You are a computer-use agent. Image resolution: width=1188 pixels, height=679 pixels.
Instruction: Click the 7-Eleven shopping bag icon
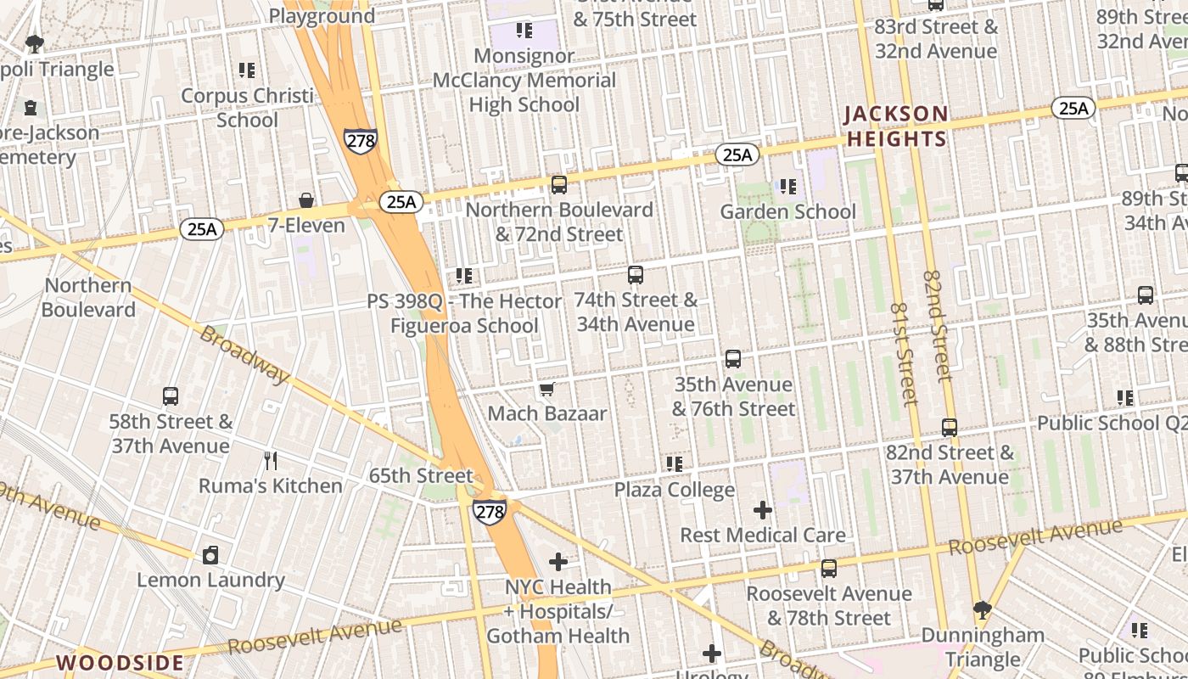(306, 200)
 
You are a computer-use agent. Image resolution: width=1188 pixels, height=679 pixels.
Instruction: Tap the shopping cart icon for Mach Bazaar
(547, 389)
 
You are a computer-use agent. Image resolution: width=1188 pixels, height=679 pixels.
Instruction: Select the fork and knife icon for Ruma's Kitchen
(271, 461)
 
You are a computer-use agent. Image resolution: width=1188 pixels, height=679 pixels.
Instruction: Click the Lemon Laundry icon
(210, 555)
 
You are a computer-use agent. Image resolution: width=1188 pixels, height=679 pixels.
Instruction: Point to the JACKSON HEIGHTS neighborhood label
(895, 126)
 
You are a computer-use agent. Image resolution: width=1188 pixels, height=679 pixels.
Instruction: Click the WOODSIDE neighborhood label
(120, 662)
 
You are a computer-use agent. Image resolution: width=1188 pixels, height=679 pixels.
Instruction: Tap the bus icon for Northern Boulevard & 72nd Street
(559, 184)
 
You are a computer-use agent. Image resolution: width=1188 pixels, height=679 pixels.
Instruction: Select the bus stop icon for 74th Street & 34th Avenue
(636, 275)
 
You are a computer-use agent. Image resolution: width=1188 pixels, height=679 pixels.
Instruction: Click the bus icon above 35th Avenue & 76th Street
(733, 359)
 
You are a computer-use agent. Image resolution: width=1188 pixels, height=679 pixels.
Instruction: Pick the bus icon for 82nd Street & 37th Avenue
(950, 428)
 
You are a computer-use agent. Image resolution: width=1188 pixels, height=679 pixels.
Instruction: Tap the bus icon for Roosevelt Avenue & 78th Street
(829, 569)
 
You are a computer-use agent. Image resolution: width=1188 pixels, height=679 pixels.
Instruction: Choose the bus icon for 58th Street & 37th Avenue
(171, 396)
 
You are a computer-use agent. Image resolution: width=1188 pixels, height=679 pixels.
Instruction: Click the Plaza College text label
(675, 490)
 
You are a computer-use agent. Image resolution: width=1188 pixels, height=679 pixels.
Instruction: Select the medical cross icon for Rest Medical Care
(763, 510)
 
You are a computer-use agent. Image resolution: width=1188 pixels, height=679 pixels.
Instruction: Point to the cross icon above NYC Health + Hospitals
(558, 562)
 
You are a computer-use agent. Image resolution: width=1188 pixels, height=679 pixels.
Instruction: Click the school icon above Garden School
(788, 187)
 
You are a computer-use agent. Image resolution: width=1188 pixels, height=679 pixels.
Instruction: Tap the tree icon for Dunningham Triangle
(983, 609)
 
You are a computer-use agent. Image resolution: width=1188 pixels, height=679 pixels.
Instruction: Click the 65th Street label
(420, 475)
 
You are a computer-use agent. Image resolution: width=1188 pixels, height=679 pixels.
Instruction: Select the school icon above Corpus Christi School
(247, 70)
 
